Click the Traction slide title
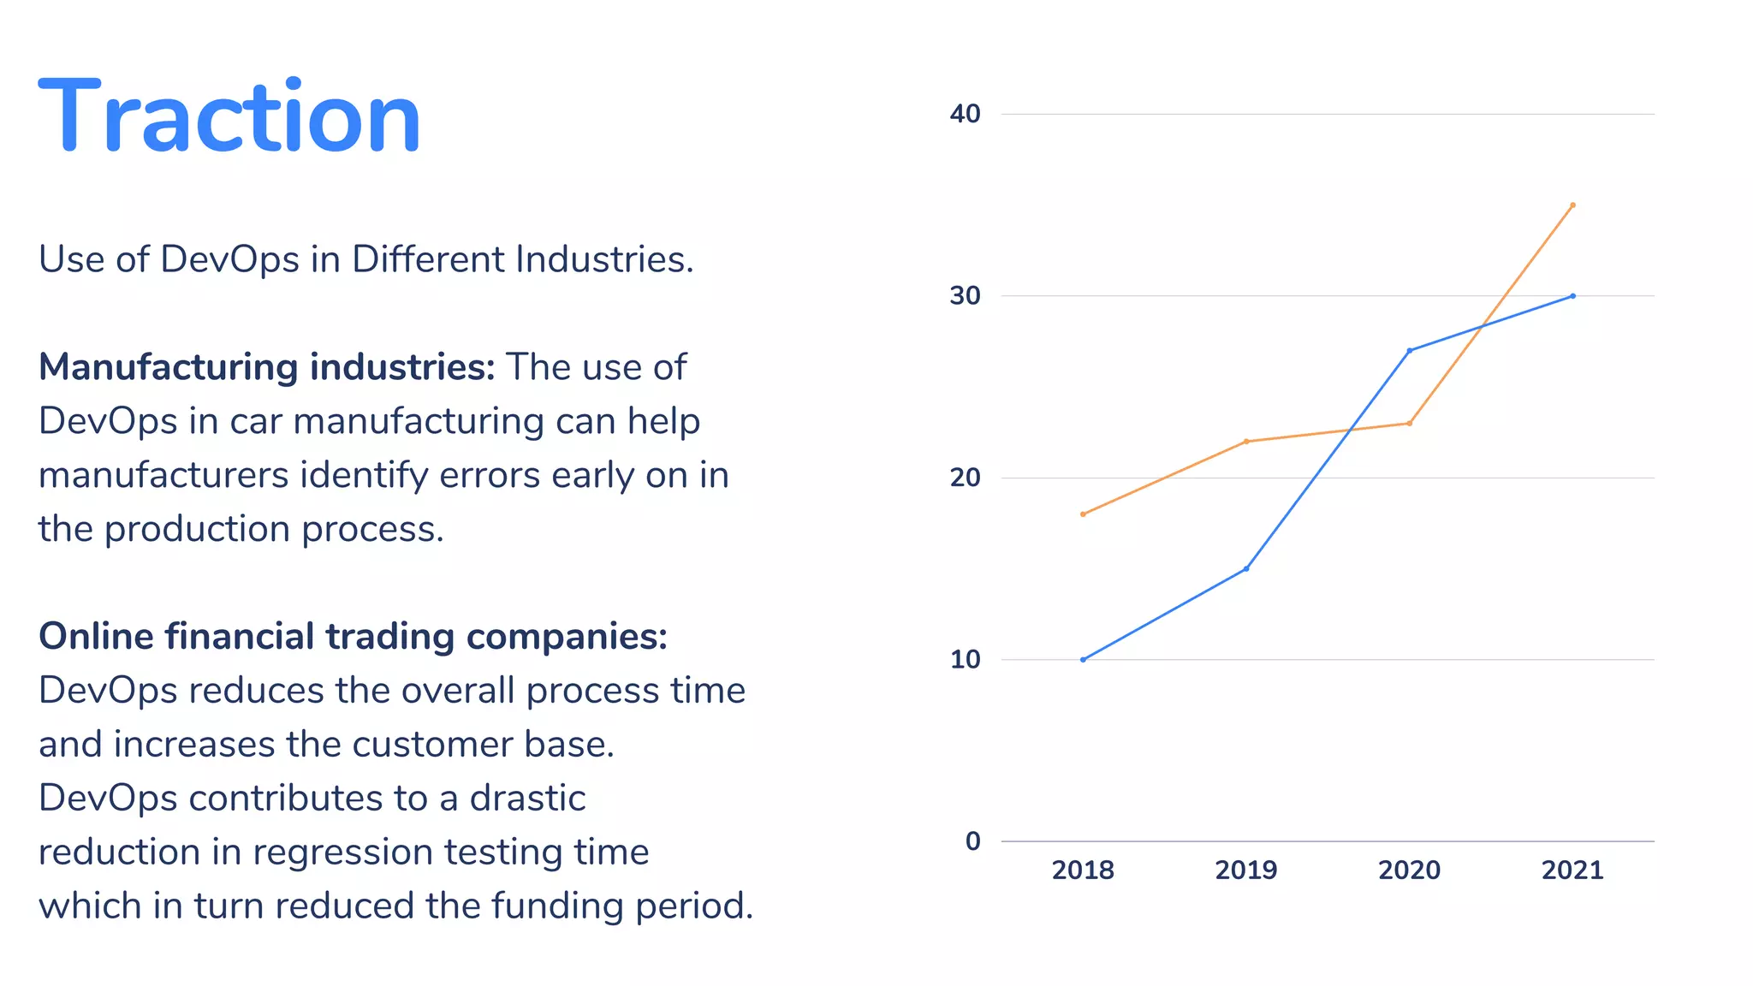(x=229, y=116)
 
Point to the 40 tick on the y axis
(x=965, y=114)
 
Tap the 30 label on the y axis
(x=965, y=296)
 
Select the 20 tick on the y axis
(x=965, y=478)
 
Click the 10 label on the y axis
(x=965, y=660)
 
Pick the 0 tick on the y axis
(x=972, y=841)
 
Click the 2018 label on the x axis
(x=1083, y=870)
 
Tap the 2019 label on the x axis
(x=1246, y=870)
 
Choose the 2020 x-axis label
(x=1409, y=870)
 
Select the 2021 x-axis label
(x=1572, y=870)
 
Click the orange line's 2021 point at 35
(x=1572, y=205)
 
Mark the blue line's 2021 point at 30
(x=1572, y=296)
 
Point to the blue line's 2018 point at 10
(x=1083, y=660)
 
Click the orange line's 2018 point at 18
(x=1083, y=514)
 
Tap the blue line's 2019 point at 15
(x=1246, y=568)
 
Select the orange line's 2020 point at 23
(x=1409, y=423)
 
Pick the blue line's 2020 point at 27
(x=1409, y=350)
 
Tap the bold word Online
(x=95, y=637)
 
